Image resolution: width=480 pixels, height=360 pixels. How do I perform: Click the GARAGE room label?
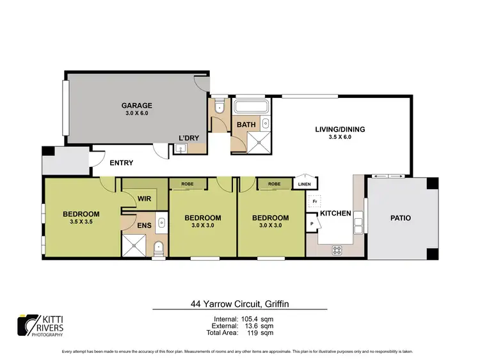coord(137,106)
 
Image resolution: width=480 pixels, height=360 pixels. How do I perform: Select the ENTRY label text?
coord(121,163)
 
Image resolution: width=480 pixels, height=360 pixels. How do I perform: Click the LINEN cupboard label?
coord(305,184)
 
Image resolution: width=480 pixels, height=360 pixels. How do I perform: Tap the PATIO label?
coord(400,218)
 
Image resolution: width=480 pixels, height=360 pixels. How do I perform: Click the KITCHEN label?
coord(335,213)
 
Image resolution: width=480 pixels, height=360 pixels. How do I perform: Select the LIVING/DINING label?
coord(340,129)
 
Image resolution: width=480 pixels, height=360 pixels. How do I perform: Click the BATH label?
coord(244,124)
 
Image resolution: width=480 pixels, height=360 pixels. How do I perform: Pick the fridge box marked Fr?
coord(315,201)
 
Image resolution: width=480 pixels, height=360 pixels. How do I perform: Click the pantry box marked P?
coord(313,224)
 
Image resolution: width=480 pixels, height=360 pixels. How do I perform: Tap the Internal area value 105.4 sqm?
coord(258,318)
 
